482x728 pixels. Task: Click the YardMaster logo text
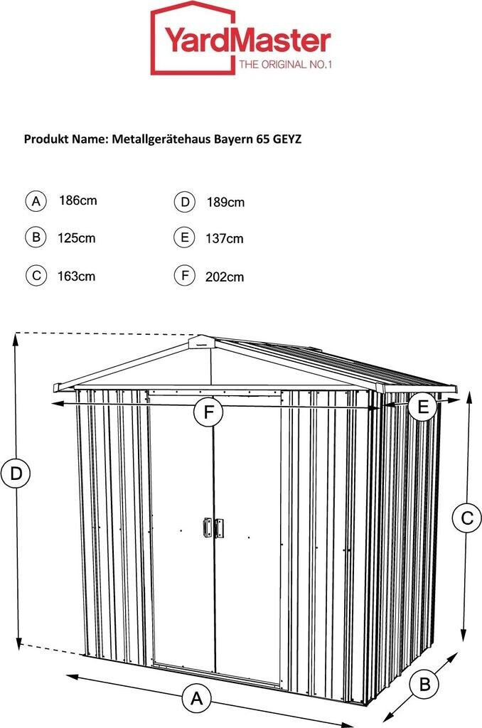(248, 41)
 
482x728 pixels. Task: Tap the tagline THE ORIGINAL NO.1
(285, 65)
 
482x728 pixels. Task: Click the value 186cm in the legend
(77, 200)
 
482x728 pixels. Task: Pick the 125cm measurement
(76, 238)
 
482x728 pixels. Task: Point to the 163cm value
(76, 276)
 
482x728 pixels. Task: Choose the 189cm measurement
(225, 203)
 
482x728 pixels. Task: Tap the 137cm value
(225, 239)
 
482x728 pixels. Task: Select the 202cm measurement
(225, 277)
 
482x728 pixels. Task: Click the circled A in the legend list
(36, 200)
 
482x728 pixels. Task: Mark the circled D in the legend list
(184, 202)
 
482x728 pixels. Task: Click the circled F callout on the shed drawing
(209, 412)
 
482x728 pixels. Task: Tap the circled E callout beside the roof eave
(423, 407)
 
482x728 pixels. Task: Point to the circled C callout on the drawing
(466, 518)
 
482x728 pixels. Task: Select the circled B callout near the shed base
(424, 685)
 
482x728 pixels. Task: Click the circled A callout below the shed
(196, 698)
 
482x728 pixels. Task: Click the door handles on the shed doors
(213, 527)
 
